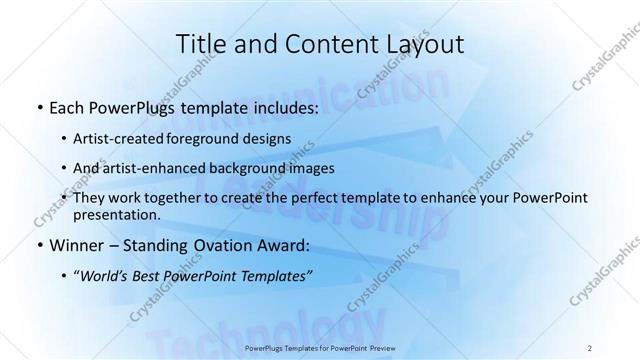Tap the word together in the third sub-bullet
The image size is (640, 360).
[x=185, y=198]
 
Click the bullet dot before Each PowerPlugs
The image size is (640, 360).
[x=39, y=106]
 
